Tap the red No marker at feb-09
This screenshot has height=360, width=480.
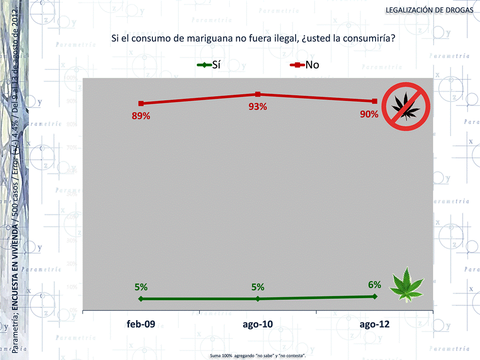141,103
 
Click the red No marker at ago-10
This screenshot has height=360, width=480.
258,94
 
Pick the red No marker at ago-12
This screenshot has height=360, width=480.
375,101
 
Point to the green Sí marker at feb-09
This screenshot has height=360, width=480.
141,299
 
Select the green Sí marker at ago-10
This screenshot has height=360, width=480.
258,299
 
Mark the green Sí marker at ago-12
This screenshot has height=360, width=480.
375,297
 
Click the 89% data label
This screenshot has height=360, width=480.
141,116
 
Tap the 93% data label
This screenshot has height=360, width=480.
258,107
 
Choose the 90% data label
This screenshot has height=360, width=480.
369,114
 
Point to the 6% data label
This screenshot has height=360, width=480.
375,285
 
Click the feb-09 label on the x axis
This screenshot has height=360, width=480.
141,324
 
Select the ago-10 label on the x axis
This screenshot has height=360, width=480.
258,324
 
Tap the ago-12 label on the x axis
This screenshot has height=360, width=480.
375,324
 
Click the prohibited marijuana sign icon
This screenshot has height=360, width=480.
406,106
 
